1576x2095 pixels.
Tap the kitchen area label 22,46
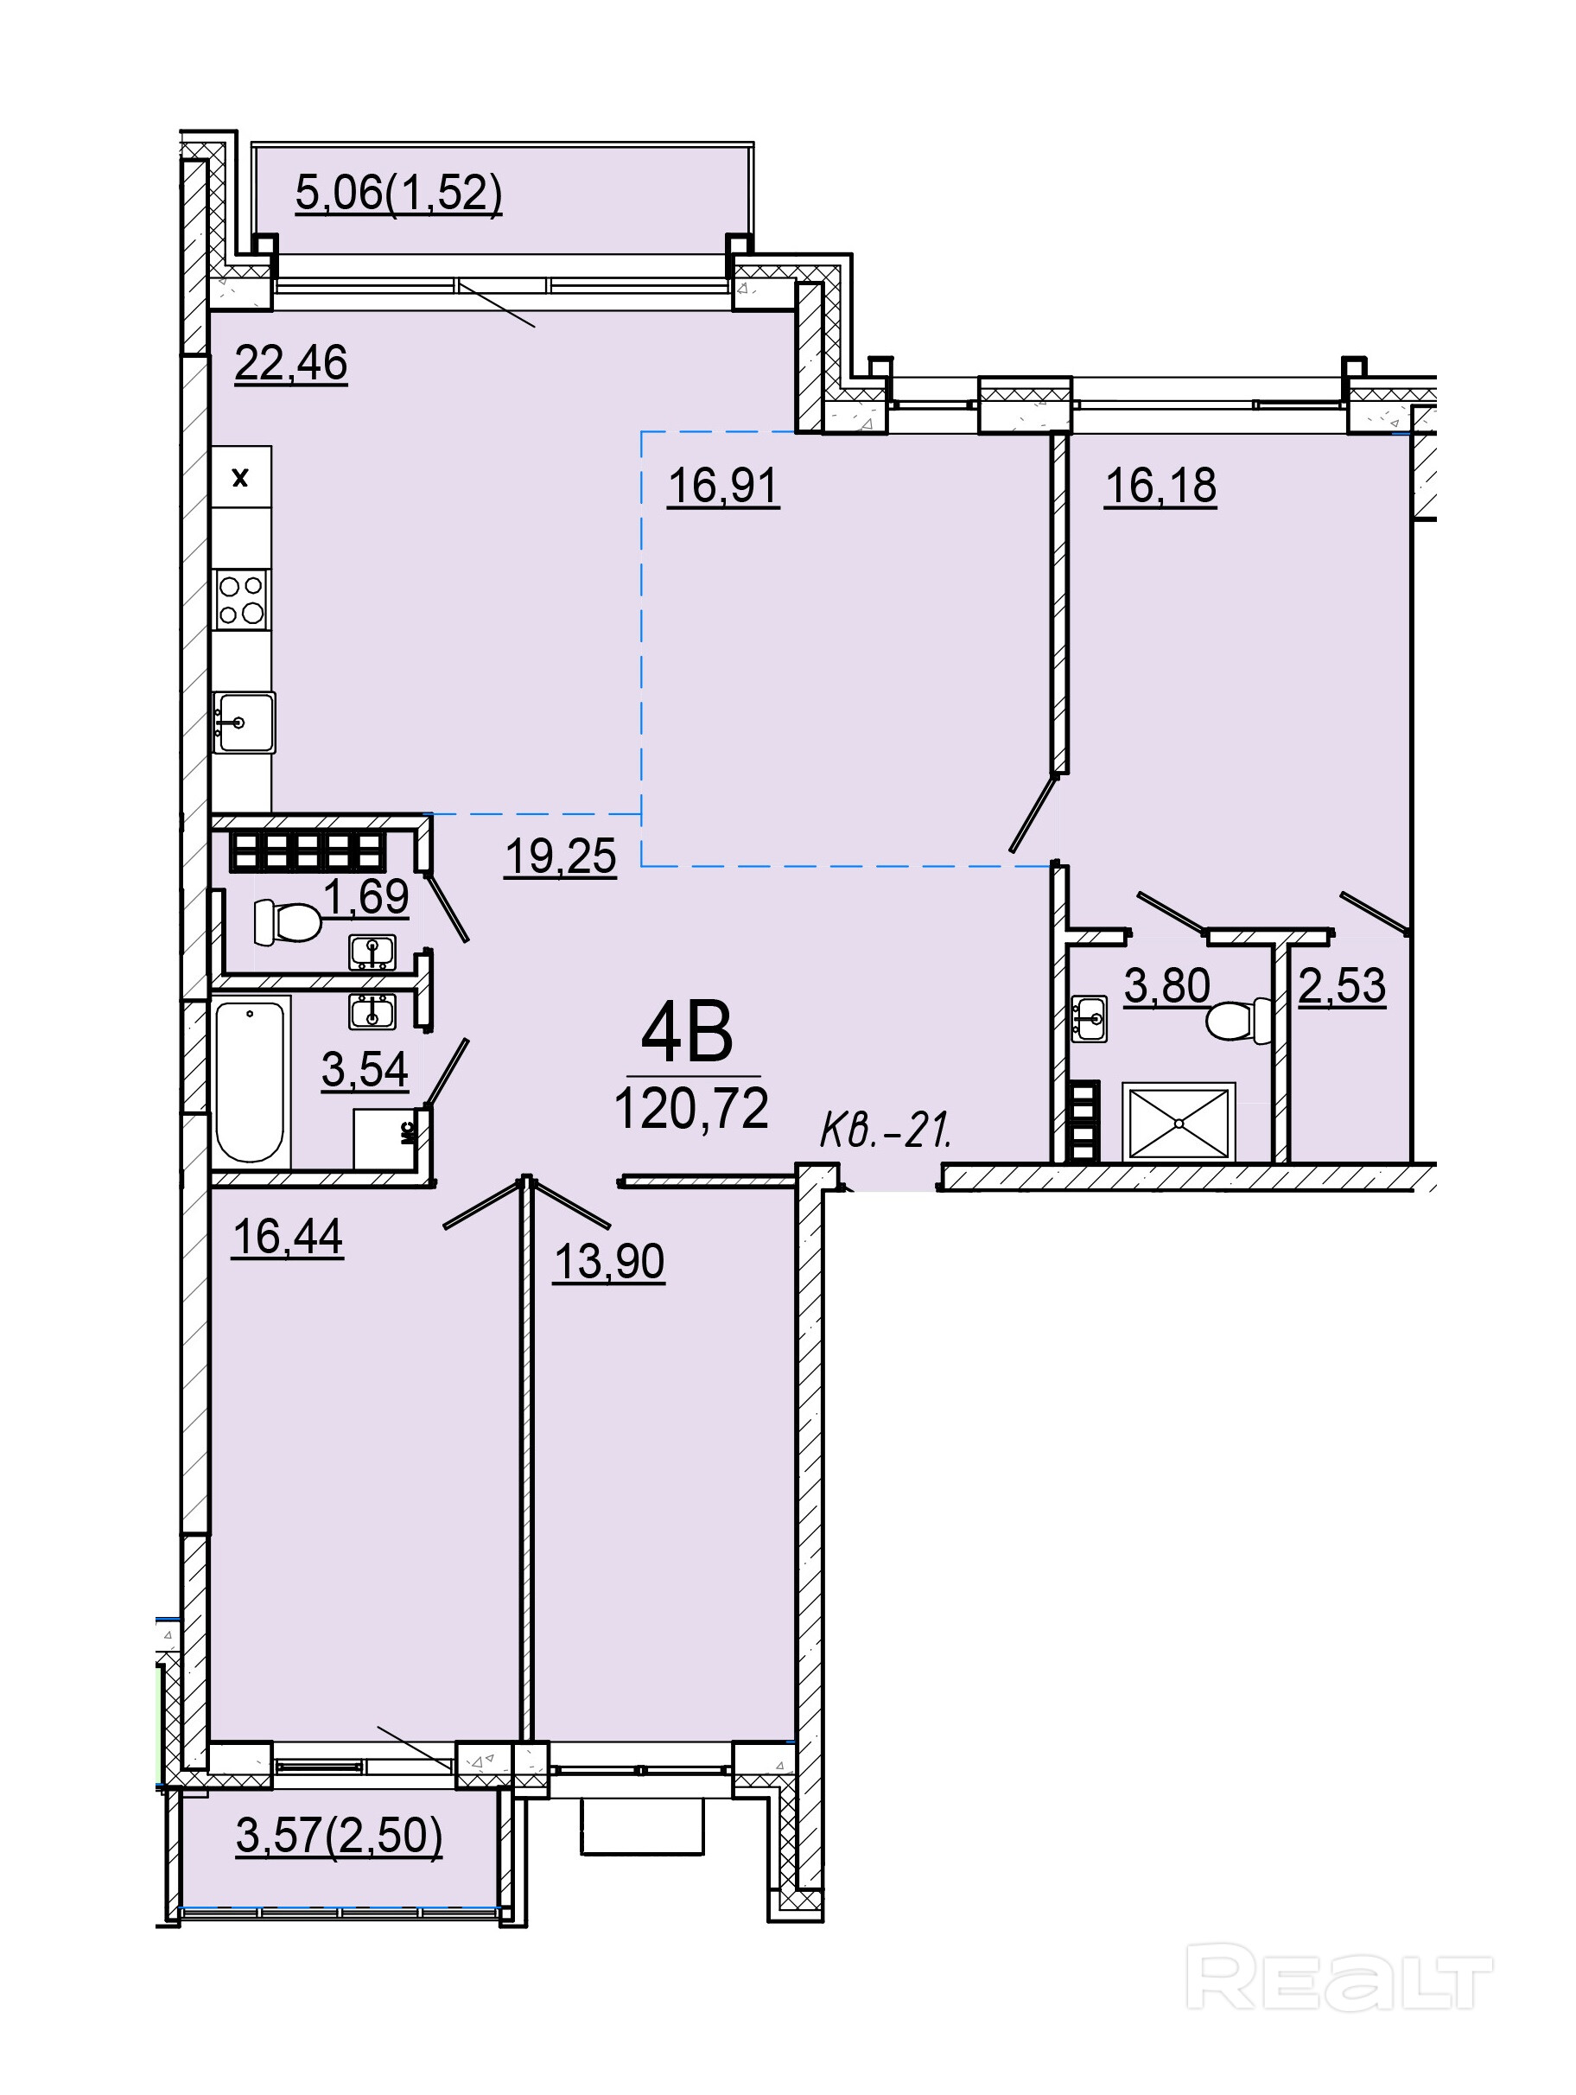click(x=291, y=363)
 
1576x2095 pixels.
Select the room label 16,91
click(x=723, y=487)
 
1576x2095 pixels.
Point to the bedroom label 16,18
click(x=1160, y=487)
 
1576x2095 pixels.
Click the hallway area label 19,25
click(x=561, y=857)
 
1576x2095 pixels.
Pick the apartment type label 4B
click(x=688, y=1034)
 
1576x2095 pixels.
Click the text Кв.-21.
click(x=886, y=1130)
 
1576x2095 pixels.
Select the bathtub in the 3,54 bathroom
click(x=250, y=1081)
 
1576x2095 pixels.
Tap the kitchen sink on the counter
click(x=243, y=723)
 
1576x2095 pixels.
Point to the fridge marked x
click(x=240, y=478)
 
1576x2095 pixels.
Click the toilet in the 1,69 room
click(x=286, y=921)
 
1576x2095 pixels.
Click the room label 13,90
click(x=609, y=1262)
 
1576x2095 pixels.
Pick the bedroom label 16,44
click(x=288, y=1237)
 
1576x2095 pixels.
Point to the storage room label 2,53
click(x=1342, y=986)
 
